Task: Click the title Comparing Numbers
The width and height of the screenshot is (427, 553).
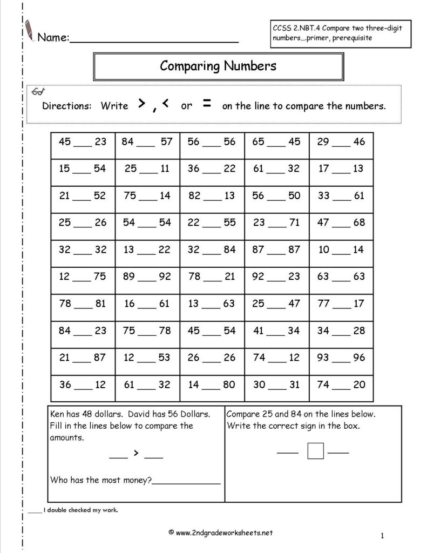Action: tap(218, 66)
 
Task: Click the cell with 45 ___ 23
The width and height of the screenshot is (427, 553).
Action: tap(83, 142)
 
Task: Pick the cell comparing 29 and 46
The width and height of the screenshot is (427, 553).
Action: tap(341, 142)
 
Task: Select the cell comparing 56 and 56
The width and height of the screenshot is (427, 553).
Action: tap(212, 142)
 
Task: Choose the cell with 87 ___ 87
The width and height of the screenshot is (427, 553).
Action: tap(276, 249)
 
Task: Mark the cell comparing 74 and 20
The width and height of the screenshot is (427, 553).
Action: tap(341, 385)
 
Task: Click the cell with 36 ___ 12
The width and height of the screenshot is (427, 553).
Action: tap(83, 385)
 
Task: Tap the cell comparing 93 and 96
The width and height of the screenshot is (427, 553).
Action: tap(341, 358)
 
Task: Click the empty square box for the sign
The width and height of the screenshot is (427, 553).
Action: tap(315, 450)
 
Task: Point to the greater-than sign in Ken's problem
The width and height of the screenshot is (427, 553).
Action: tap(137, 453)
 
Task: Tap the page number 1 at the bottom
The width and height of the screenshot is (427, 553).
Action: tap(382, 536)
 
